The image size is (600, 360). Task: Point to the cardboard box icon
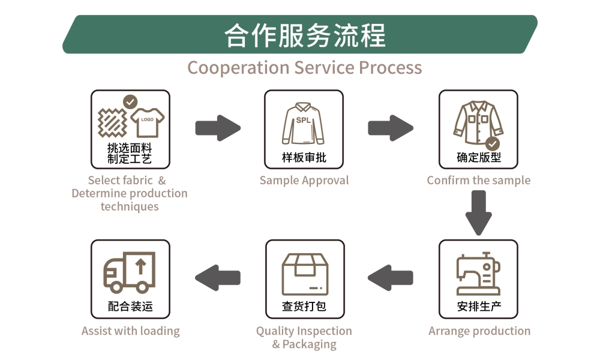[x=305, y=274]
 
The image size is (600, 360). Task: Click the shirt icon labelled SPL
[x=304, y=123]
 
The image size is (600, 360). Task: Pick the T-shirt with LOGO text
[x=147, y=122]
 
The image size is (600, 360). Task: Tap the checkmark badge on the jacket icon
[x=493, y=143]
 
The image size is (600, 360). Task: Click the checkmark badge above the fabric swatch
[x=130, y=101]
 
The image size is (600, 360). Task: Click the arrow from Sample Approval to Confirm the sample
[x=391, y=128]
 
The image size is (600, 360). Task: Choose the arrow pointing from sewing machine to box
[x=391, y=278]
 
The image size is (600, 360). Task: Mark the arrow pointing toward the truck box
[x=218, y=278]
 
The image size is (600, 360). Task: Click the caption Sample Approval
[x=304, y=181]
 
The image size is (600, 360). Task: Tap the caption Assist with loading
[x=130, y=331]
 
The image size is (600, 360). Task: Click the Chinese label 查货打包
[x=304, y=307]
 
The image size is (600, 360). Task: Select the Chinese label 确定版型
[x=479, y=158]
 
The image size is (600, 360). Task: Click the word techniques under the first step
[x=130, y=206]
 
